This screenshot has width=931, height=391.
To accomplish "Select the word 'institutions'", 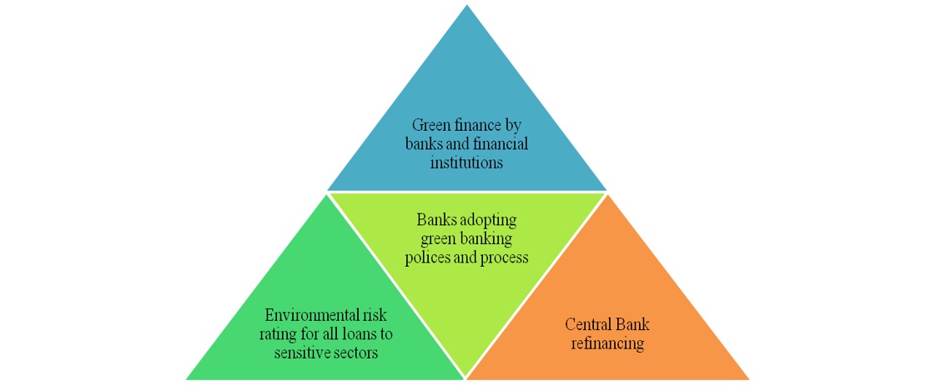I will [x=466, y=163].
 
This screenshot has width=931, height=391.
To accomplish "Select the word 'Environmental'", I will [x=309, y=316].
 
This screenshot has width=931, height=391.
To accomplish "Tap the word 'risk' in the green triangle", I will [x=380, y=316].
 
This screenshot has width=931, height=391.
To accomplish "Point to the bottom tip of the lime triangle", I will [x=466, y=378].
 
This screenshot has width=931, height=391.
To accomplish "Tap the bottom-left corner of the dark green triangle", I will [x=186, y=379].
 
